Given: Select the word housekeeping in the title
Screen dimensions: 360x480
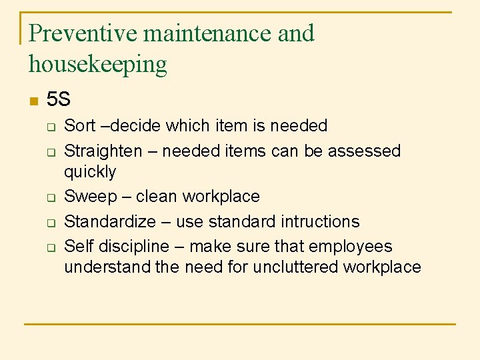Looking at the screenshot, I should [x=98, y=65].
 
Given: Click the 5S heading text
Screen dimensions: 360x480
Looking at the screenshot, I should [x=59, y=100].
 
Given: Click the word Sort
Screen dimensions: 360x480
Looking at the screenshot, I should [x=79, y=125].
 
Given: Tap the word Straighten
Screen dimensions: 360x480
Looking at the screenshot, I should [x=103, y=151].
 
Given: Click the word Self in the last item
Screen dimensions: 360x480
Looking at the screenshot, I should [x=79, y=246].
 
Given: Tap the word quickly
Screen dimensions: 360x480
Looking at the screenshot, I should [x=90, y=172].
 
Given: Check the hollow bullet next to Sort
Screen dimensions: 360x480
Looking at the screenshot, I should [x=49, y=127].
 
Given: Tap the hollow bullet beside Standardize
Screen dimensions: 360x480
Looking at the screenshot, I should [x=49, y=223].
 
